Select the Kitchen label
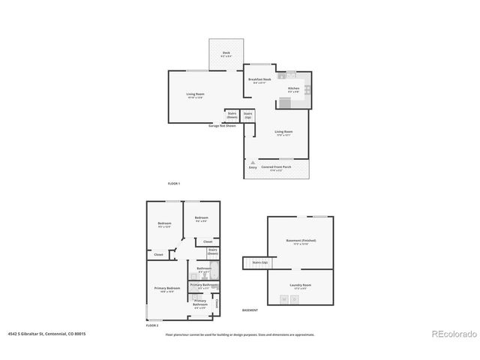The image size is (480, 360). (293, 88)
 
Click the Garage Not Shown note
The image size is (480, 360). (223, 125)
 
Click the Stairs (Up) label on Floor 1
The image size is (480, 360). (247, 116)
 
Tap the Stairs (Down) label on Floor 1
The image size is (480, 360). (232, 115)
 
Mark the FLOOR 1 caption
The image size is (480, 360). (174, 184)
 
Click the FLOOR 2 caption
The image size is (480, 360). (153, 325)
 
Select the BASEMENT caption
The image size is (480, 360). (250, 310)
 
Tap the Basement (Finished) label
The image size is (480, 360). (301, 241)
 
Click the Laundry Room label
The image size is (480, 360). (301, 285)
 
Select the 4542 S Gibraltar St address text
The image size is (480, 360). (46, 334)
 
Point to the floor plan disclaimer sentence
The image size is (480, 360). (240, 334)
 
